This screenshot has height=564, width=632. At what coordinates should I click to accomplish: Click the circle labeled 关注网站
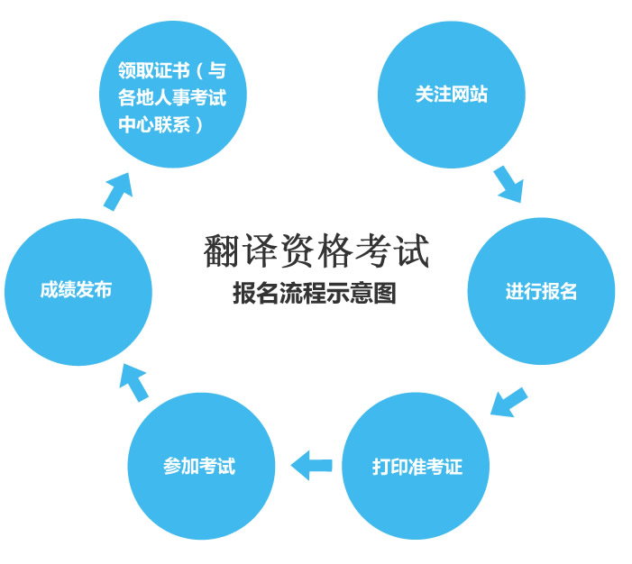click(452, 95)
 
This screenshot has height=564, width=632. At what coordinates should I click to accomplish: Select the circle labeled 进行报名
click(541, 291)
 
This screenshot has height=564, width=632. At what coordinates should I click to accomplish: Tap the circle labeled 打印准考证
click(416, 466)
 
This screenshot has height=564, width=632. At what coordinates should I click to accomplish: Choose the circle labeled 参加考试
click(201, 466)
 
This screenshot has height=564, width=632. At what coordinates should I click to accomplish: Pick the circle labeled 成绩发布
click(78, 292)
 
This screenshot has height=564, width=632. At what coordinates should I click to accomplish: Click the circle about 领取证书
click(173, 95)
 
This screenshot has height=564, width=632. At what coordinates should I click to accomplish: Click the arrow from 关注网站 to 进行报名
click(509, 184)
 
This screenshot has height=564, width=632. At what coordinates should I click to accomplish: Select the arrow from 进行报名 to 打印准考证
click(508, 402)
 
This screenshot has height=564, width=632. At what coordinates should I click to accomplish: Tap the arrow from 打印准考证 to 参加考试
click(312, 465)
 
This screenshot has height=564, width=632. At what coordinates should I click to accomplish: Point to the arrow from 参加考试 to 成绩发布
click(133, 382)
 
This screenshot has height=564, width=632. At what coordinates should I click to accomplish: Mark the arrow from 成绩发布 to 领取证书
click(118, 191)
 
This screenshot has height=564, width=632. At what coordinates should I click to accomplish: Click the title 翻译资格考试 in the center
click(316, 250)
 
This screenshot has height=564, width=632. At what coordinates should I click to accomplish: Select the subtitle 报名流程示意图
click(315, 293)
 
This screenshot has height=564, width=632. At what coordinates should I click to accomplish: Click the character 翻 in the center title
click(220, 250)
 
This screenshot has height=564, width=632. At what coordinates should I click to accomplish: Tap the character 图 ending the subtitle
click(385, 293)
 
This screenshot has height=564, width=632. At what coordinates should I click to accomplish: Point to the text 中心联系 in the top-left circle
click(154, 124)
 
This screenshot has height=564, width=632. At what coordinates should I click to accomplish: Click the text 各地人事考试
click(172, 97)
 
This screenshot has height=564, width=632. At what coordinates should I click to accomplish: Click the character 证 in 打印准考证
click(453, 467)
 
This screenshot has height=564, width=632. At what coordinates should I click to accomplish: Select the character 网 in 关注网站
click(461, 95)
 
